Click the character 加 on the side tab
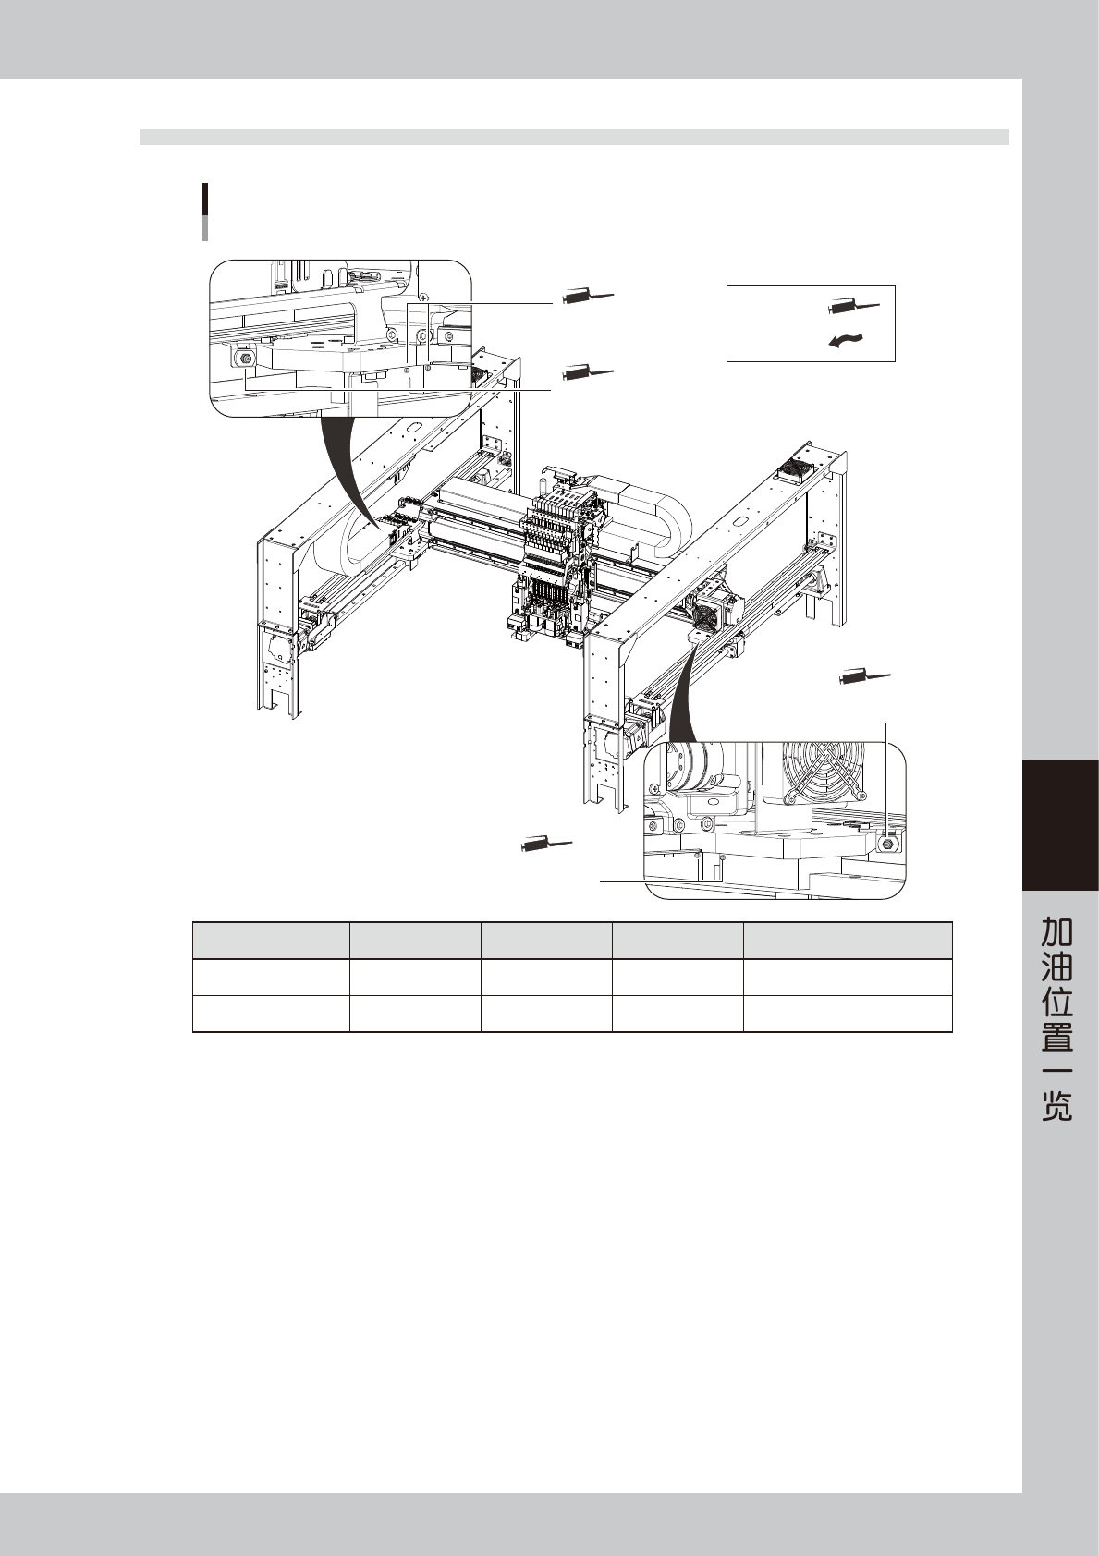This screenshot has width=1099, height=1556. point(1058,930)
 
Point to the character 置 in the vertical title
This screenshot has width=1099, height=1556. point(1058,1038)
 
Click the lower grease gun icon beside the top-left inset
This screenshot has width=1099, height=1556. point(587,373)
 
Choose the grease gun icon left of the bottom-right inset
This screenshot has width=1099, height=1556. point(546,843)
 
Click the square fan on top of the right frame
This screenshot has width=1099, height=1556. point(801,469)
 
